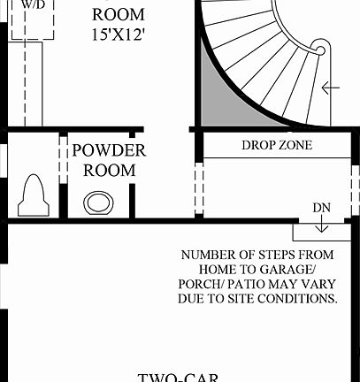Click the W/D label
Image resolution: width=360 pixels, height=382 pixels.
[x=34, y=4]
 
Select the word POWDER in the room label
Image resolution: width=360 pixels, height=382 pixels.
[x=109, y=150]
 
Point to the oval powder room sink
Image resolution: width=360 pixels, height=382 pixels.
[x=97, y=202]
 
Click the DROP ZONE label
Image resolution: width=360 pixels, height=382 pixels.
[x=276, y=145]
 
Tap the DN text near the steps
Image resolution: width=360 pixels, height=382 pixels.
[x=321, y=208]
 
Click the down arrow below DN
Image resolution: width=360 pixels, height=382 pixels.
[x=321, y=226]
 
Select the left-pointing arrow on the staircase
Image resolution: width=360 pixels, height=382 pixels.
[x=332, y=87]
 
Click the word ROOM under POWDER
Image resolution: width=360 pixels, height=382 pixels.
[x=109, y=170]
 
